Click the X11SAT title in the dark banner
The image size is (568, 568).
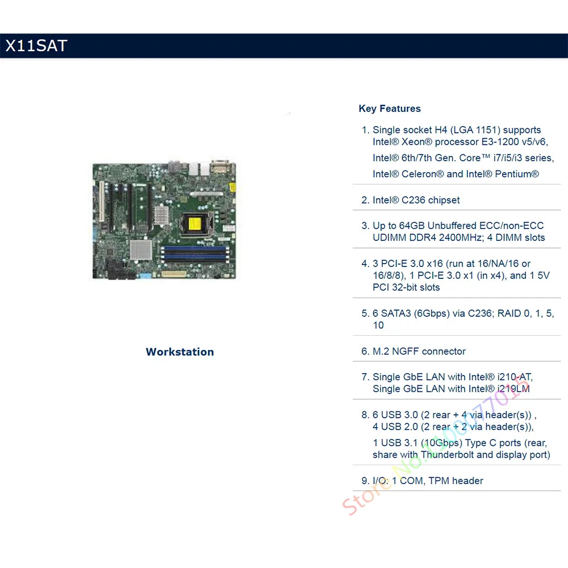coord(36,45)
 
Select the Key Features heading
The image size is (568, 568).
coord(390,108)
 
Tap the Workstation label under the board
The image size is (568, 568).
coord(179,352)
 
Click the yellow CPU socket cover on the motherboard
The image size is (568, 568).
coord(194,224)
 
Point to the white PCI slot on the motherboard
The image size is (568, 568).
coord(102,201)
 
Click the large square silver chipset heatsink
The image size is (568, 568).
coord(141,250)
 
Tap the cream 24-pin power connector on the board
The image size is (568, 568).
coord(174,274)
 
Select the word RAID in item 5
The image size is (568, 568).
coord(509,314)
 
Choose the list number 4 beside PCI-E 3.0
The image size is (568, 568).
coord(365,264)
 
